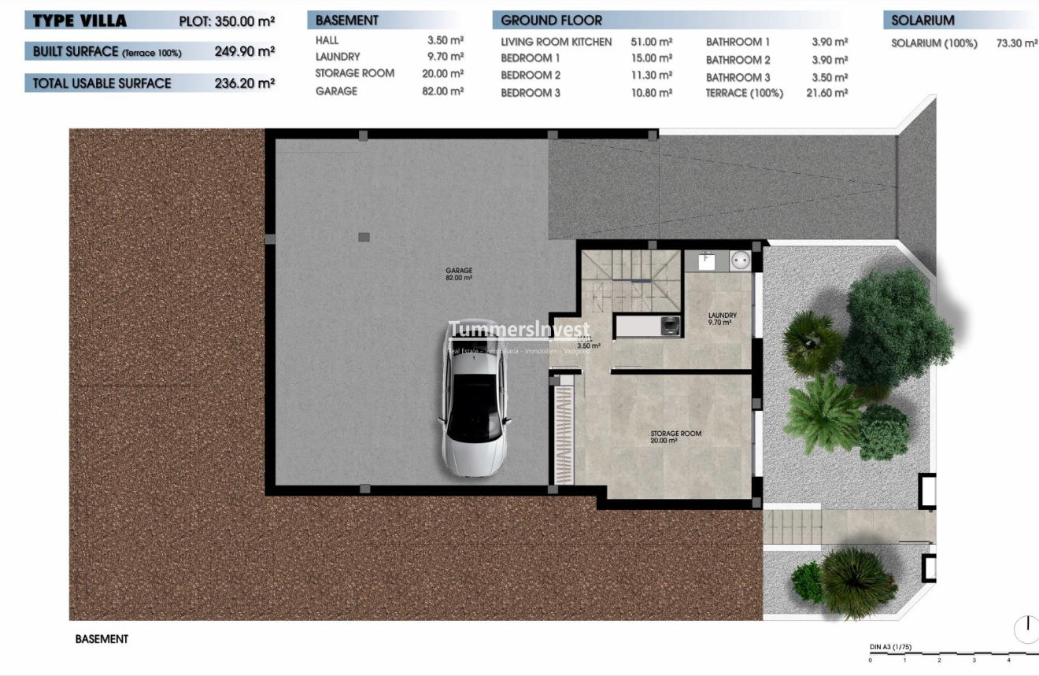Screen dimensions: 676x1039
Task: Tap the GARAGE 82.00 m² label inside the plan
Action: click(x=459, y=274)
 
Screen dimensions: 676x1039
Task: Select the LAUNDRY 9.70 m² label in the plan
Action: click(x=722, y=319)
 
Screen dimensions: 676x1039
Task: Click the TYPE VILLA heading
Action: click(x=79, y=20)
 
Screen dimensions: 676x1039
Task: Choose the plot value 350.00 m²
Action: click(x=244, y=21)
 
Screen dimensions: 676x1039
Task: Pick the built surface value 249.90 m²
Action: click(x=244, y=52)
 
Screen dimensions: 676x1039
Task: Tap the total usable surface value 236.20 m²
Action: click(x=244, y=83)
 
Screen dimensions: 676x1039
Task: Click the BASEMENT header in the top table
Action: click(x=347, y=20)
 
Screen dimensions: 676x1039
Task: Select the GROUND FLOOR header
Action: click(x=551, y=20)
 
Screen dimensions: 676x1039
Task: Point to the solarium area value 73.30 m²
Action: click(x=1016, y=43)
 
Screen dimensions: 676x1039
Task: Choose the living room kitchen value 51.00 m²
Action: click(x=651, y=42)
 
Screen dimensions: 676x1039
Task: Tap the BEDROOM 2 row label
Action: click(x=531, y=76)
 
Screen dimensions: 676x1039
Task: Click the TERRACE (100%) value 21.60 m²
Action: click(x=826, y=93)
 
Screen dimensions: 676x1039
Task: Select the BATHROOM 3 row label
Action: click(x=738, y=77)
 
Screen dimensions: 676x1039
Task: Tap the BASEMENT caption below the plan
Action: click(x=102, y=639)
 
